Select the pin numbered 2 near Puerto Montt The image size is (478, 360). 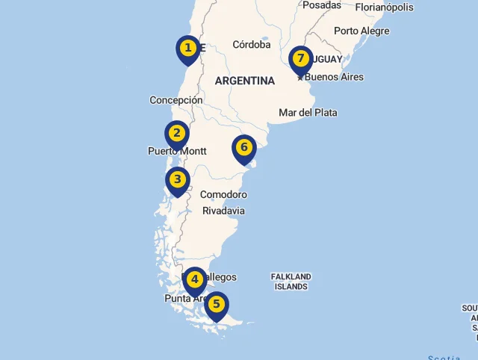177,134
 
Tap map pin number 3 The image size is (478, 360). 177,180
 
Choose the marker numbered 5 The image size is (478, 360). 217,305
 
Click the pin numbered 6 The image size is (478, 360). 244,148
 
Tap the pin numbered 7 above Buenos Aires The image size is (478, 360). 301,59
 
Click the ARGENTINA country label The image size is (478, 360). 244,81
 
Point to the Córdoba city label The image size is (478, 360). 251,44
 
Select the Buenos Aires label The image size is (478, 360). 335,77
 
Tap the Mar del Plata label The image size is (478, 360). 308,113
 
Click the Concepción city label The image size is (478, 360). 176,100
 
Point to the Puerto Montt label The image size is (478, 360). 177,151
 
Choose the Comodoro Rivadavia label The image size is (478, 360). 223,202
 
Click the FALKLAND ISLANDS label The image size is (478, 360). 291,282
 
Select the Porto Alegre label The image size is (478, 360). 361,31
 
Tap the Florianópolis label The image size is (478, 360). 384,7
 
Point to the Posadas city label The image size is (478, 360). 322,5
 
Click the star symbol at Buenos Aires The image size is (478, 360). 300,77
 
